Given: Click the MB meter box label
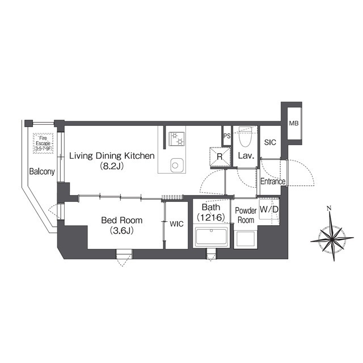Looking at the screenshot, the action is pyautogui.click(x=294, y=124).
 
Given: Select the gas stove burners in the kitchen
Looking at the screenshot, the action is pyautogui.click(x=177, y=139).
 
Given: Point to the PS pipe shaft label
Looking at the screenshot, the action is pyautogui.click(x=227, y=136).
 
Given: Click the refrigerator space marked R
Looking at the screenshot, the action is pyautogui.click(x=220, y=157).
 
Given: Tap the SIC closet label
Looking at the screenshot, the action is pyautogui.click(x=270, y=142).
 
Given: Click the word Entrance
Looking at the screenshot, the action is pyautogui.click(x=273, y=181).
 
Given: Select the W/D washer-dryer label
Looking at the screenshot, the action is pyautogui.click(x=269, y=209).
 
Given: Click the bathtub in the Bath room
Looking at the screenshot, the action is pyautogui.click(x=211, y=237).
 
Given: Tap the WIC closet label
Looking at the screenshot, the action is pyautogui.click(x=176, y=224).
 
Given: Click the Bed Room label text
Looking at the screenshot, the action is pyautogui.click(x=122, y=220).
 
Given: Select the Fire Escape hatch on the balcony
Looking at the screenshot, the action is pyautogui.click(x=43, y=143).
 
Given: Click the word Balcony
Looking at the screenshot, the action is pyautogui.click(x=42, y=171).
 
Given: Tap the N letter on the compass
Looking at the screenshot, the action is pyautogui.click(x=329, y=208).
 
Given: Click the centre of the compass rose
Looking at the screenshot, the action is pyautogui.click(x=332, y=238).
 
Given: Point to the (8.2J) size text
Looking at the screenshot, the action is pyautogui.click(x=112, y=166).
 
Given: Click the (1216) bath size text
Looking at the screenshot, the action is pyautogui.click(x=211, y=217).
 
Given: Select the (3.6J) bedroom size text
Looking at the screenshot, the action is pyautogui.click(x=122, y=231).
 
